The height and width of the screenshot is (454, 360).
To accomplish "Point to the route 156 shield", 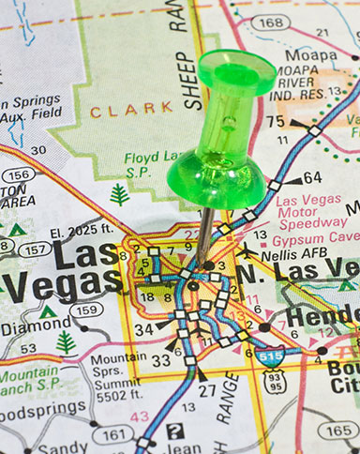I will click(x=17, y=174).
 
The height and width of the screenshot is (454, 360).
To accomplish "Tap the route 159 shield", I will click(x=86, y=310).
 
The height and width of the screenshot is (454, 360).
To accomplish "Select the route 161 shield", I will click(x=112, y=433).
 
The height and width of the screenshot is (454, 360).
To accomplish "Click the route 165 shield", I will click(x=337, y=431).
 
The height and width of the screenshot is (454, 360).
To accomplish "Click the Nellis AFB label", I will click(x=295, y=252).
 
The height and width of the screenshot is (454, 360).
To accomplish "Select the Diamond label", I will click(x=35, y=328).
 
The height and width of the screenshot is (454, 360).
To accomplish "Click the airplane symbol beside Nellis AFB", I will click(x=248, y=252).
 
